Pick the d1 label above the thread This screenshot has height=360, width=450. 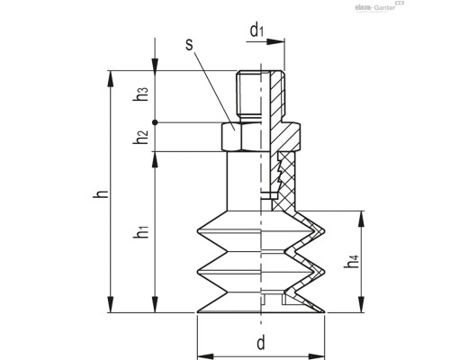pyautogui.click(x=256, y=31)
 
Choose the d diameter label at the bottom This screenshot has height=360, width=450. pyautogui.click(x=260, y=343)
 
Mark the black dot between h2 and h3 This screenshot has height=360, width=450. pyautogui.click(x=155, y=122)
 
